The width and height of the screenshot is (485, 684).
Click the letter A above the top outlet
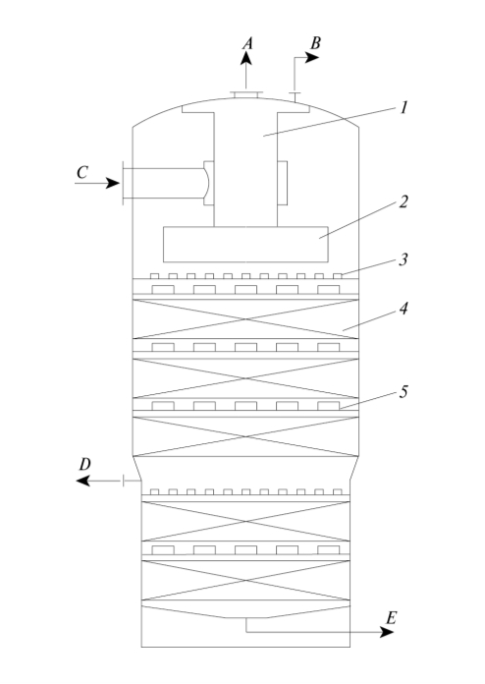pos(247,43)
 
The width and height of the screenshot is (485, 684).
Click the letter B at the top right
pos(315,43)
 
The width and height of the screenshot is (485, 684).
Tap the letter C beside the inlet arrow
pos(81,173)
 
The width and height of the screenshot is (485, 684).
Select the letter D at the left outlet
pos(84,465)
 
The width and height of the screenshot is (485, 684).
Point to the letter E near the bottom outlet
pos(392,618)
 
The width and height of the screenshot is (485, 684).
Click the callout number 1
pos(404,107)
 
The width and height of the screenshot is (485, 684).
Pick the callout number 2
pos(404,202)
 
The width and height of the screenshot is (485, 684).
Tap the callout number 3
pos(404,259)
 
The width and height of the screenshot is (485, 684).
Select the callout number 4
pos(404,309)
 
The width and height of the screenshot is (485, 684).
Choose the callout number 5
pos(404,392)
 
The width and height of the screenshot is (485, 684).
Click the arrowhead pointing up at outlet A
pos(246,58)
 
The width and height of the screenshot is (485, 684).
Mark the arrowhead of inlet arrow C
pos(113,183)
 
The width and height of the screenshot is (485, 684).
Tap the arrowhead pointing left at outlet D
pos(82,482)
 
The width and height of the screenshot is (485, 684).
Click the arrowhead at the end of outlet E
pos(387,632)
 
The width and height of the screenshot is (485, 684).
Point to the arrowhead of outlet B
pos(312,57)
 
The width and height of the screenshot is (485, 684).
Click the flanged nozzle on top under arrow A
pos(246,94)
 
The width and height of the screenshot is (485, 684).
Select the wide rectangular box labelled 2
pos(245,245)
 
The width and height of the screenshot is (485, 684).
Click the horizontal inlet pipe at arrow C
pos(163,183)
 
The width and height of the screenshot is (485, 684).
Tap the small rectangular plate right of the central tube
pos(283,183)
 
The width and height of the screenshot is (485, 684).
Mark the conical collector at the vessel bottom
pos(245,611)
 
